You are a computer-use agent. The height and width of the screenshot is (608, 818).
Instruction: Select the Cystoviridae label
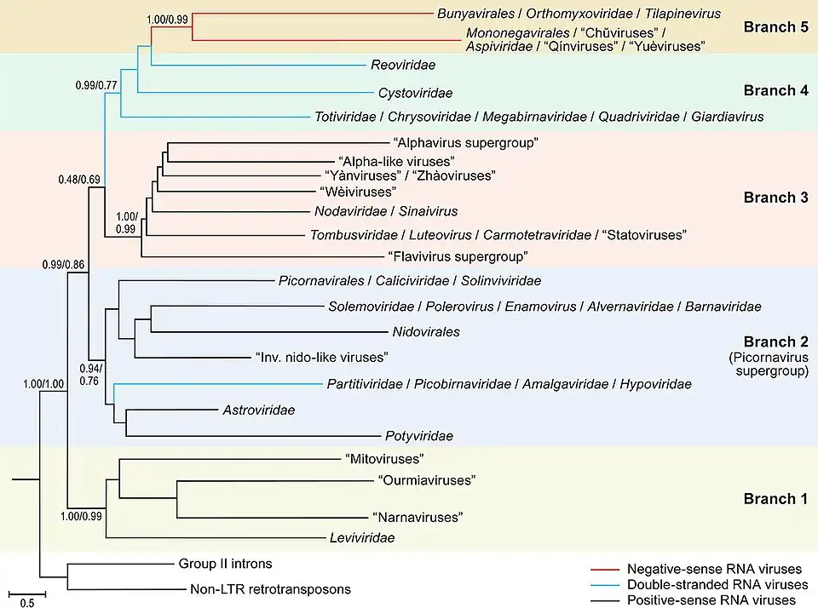(415, 93)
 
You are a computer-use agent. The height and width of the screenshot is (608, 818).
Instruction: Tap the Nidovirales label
(426, 331)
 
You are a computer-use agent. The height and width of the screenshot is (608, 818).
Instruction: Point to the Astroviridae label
(258, 410)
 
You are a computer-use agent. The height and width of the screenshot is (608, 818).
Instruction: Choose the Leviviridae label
(362, 538)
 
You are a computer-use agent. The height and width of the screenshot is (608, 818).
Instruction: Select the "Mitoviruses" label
(384, 460)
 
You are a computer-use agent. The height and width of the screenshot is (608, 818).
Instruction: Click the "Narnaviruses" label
(418, 518)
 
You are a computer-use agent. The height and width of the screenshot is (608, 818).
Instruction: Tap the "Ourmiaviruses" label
(426, 480)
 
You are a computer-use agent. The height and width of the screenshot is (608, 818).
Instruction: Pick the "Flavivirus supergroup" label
(458, 255)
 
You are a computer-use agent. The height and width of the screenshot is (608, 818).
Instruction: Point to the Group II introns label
(225, 564)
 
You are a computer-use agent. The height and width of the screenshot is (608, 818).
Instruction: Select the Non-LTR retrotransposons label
(266, 589)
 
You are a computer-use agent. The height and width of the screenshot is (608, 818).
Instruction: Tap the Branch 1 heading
(775, 499)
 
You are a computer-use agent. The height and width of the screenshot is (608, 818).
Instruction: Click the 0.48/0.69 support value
(79, 180)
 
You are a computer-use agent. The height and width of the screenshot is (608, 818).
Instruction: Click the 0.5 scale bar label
(26, 604)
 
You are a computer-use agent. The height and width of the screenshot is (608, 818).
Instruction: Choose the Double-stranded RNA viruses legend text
(717, 585)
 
